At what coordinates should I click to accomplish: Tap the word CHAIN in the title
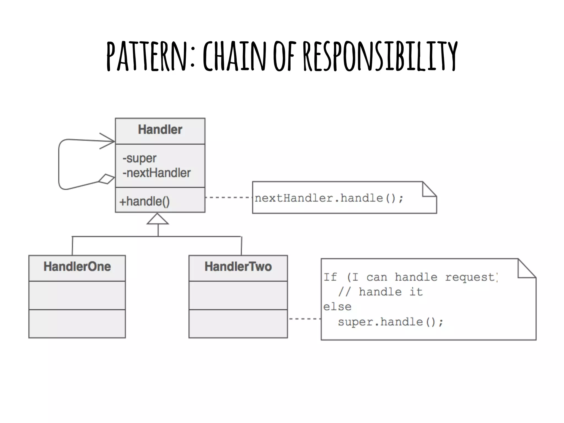click(234, 56)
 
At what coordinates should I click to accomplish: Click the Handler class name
click(160, 130)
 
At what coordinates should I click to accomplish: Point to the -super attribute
click(139, 158)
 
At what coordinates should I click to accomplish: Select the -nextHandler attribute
click(156, 173)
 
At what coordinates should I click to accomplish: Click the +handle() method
click(145, 201)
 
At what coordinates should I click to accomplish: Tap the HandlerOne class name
click(77, 267)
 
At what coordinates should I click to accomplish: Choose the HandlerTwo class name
click(238, 267)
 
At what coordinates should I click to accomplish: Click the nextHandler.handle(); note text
click(329, 198)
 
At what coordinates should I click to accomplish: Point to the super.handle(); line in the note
click(391, 322)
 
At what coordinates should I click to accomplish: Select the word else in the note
click(337, 307)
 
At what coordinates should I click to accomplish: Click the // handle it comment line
click(380, 292)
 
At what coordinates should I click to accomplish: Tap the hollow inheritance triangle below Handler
click(158, 219)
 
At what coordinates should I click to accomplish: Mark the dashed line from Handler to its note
click(229, 197)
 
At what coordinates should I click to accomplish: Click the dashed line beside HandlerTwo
click(304, 319)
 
